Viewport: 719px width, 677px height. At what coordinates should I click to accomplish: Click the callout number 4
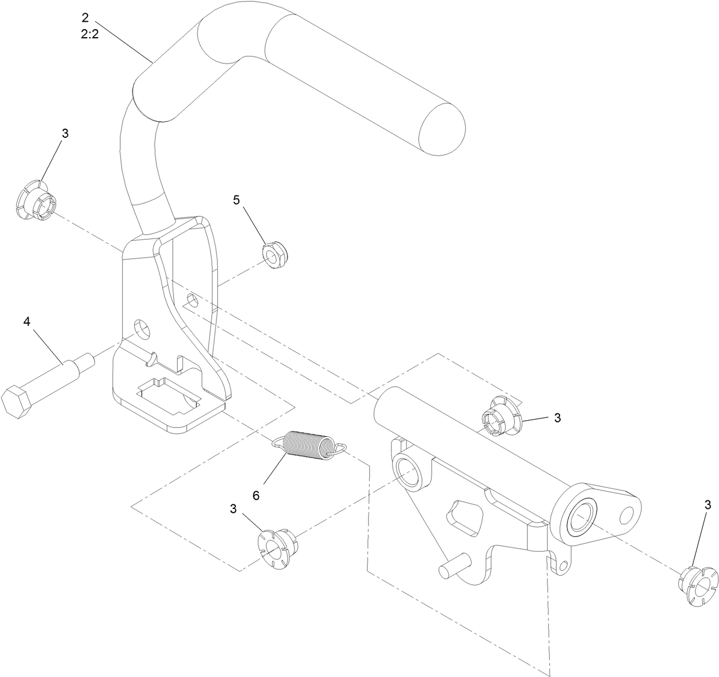pyautogui.click(x=27, y=321)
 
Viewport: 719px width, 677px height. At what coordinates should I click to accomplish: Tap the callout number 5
pyautogui.click(x=237, y=200)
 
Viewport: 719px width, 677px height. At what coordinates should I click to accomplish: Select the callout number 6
pyautogui.click(x=256, y=495)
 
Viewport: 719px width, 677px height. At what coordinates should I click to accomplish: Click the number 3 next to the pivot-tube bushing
pyautogui.click(x=557, y=418)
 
